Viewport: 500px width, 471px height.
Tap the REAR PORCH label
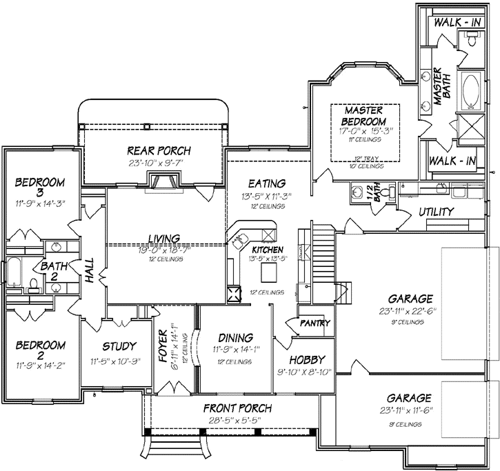[159, 150]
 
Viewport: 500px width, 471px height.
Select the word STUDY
[119, 346]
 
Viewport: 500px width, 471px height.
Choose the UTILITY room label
[436, 212]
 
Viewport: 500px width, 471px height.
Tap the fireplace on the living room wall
[164, 181]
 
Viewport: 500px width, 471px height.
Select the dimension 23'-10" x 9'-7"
[159, 163]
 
